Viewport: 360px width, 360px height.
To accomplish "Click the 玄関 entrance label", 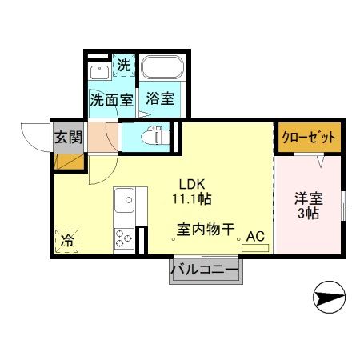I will tap(68, 136).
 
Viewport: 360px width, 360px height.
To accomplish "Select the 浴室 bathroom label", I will tap(159, 100).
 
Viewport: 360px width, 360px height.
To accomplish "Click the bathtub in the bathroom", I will tap(162, 70).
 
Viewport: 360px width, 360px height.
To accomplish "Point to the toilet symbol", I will tap(153, 136).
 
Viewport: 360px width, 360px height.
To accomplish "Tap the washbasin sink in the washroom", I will tap(98, 71).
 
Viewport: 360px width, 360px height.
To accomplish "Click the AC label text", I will tap(255, 236).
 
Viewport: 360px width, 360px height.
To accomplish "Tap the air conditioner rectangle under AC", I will tap(255, 249).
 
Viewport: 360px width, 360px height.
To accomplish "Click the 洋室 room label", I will tap(306, 198).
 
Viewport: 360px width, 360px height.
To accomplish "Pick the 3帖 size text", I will tap(306, 214).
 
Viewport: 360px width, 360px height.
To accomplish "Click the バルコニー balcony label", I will tap(204, 271).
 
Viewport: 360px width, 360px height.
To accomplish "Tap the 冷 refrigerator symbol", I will tap(68, 238).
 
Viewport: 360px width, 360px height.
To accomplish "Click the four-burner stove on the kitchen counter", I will tap(125, 237).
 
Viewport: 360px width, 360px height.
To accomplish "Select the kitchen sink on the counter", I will tap(126, 201).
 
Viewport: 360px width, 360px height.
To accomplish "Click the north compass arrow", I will tap(327, 298).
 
